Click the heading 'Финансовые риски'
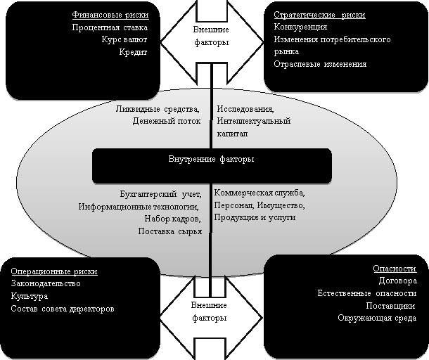[110, 15]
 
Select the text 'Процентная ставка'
[110, 27]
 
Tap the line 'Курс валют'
[124, 39]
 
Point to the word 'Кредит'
[133, 52]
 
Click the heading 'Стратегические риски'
[319, 15]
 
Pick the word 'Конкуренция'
[300, 27]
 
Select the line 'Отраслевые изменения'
[320, 64]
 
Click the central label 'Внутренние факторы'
[211, 159]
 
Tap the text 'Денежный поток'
[167, 121]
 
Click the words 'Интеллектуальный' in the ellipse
[254, 121]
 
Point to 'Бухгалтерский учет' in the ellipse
[160, 195]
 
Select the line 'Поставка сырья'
[170, 232]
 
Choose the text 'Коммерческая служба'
[259, 193]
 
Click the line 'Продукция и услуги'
[255, 218]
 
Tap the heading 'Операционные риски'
[54, 271]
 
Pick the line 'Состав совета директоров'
[63, 309]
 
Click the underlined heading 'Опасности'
[395, 269]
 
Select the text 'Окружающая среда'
[377, 318]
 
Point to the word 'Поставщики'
[391, 306]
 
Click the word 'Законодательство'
[46, 283]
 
